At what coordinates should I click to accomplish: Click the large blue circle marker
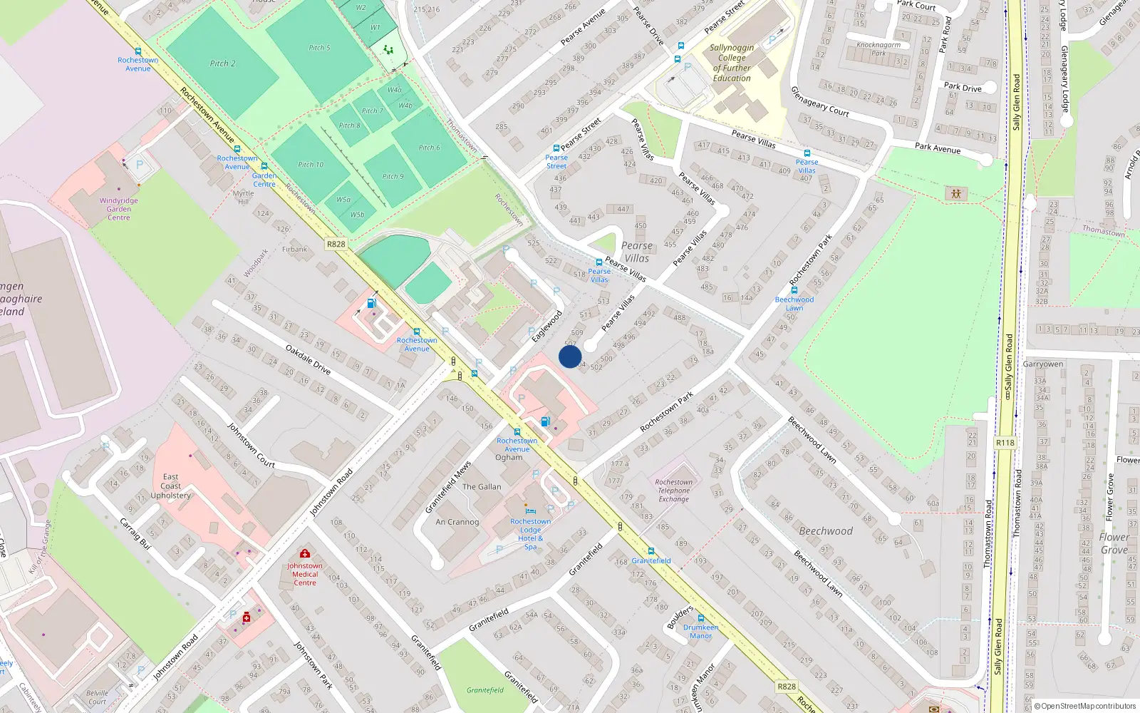click(570, 356)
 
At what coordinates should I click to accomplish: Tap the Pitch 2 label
click(222, 63)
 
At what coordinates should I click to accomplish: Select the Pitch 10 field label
click(311, 165)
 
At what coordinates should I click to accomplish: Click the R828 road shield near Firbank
click(336, 244)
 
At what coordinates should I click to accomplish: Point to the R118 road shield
click(1005, 443)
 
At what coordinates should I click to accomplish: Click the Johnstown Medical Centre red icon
click(305, 553)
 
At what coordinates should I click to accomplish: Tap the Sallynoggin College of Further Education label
click(731, 63)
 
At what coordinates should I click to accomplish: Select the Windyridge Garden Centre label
click(119, 209)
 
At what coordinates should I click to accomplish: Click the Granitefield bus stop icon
click(651, 551)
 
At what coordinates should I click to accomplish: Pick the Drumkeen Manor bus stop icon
click(700, 618)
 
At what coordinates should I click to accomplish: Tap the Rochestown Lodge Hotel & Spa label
click(530, 534)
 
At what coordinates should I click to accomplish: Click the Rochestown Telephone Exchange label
click(673, 491)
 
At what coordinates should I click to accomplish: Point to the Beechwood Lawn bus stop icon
click(794, 290)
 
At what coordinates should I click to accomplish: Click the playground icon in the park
click(955, 193)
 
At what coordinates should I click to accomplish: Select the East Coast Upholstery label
click(170, 486)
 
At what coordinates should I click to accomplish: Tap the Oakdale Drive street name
click(308, 359)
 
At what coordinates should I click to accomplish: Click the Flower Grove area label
click(1114, 543)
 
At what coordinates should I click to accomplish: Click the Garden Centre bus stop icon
click(264, 166)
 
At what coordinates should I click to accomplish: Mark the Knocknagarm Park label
click(879, 48)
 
